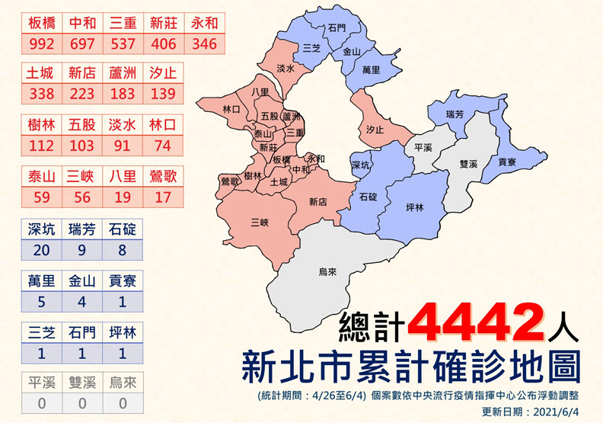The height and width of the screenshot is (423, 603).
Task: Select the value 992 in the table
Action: [41, 43]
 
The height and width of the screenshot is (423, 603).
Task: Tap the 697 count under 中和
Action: [82, 43]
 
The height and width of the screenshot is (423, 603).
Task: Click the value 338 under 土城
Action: [41, 94]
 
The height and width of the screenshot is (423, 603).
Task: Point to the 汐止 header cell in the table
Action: [163, 74]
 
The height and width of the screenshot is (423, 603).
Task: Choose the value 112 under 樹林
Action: [41, 145]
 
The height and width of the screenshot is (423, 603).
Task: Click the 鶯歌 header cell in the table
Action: [163, 177]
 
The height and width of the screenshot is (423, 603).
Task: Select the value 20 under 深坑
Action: [41, 249]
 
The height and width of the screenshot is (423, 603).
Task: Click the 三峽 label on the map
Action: [260, 222]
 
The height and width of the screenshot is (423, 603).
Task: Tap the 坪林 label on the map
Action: [416, 207]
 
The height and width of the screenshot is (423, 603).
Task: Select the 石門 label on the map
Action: [337, 27]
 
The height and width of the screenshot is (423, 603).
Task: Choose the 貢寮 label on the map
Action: [508, 162]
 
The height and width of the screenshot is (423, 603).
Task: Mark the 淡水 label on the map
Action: [286, 68]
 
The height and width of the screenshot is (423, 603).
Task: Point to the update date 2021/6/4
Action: [562, 412]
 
